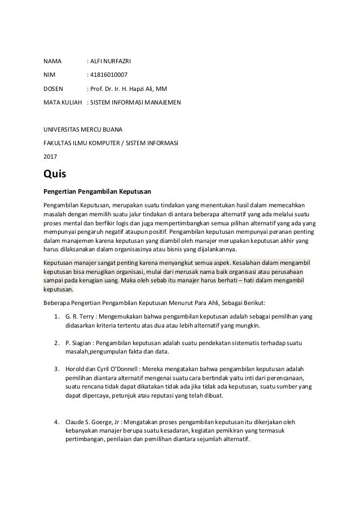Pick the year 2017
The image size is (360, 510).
51,157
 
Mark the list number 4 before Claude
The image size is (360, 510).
56,422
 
